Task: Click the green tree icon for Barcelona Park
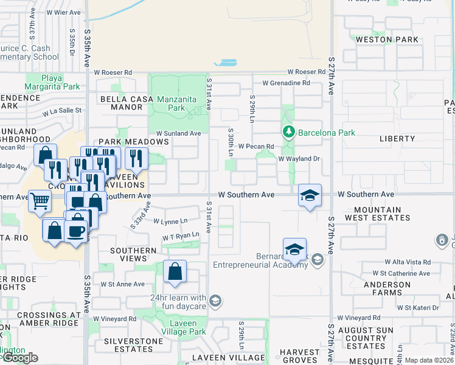coord(288,132)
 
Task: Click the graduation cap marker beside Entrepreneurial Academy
coord(294,249)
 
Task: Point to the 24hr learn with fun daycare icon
coord(215,301)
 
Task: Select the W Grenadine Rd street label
coord(286,83)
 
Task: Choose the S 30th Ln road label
coord(231,140)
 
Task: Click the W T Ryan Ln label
coord(181,235)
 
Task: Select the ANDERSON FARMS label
coord(387,288)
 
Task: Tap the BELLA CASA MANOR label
coord(118,103)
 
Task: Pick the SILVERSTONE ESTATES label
coord(129,346)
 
